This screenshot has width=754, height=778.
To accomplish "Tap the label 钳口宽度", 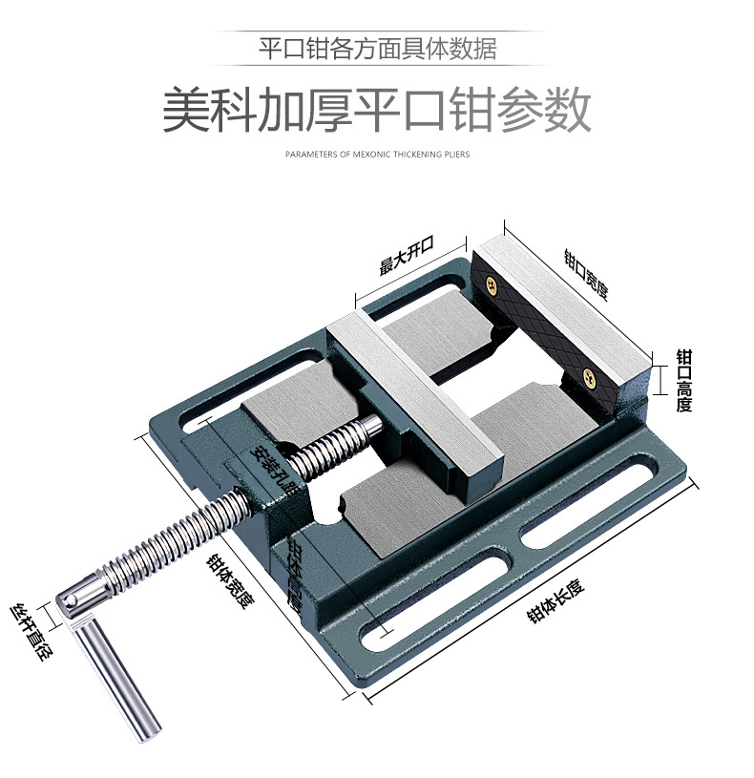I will (x=585, y=274).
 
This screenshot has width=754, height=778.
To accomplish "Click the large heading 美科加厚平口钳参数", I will (x=376, y=111).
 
